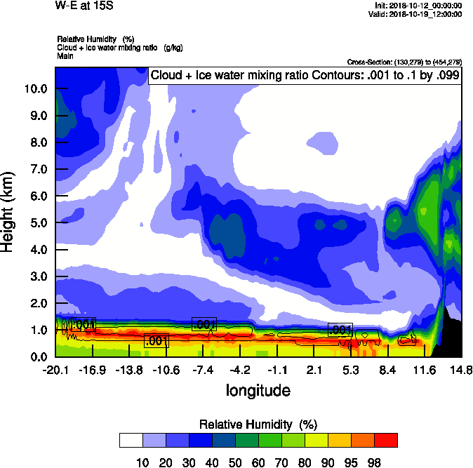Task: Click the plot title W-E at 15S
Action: pos(83,5)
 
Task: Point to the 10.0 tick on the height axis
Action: pos(35,89)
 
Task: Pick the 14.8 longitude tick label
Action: pos(461,370)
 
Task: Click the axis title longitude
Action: pos(258,389)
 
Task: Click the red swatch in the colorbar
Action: pos(385,440)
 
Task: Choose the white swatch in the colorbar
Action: pos(131,440)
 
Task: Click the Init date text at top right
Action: pos(418,5)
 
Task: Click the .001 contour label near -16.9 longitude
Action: pos(83,324)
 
